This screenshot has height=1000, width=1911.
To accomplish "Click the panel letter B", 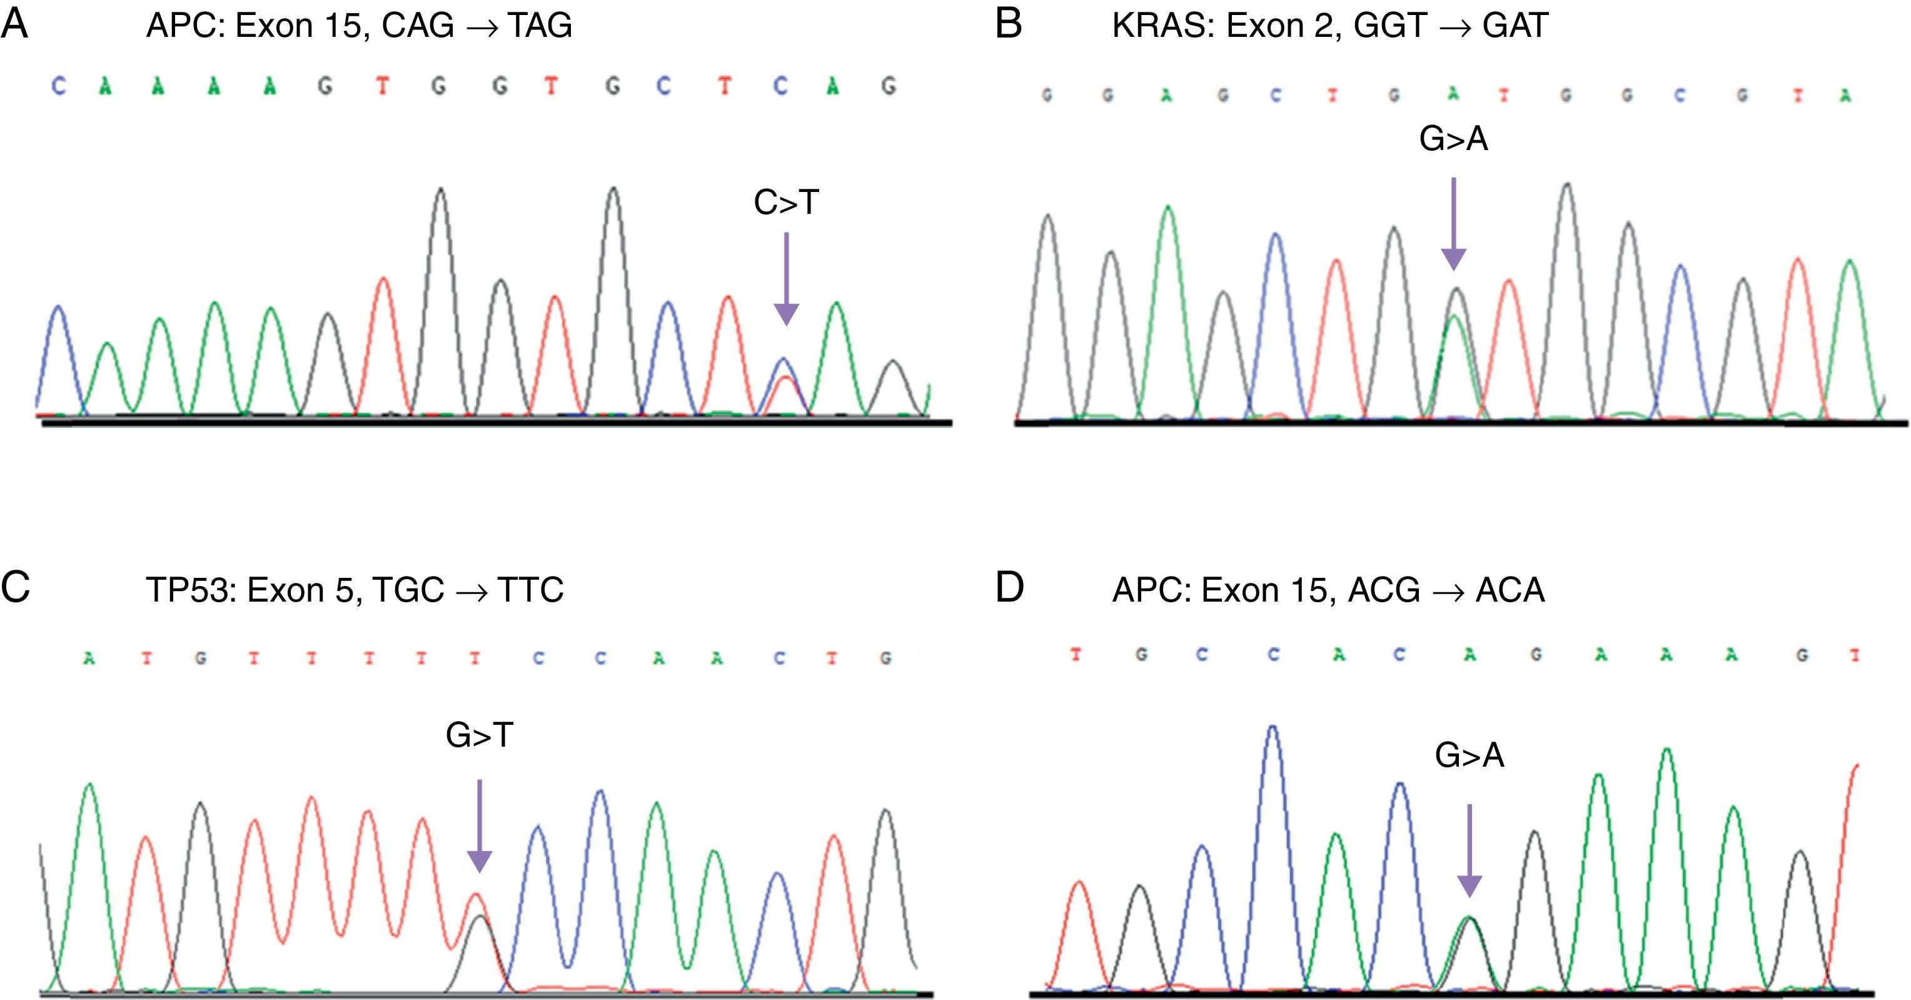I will click(x=1009, y=24).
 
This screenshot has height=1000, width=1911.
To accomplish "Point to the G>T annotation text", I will click(x=479, y=735).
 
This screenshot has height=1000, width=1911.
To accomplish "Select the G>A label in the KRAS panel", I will click(x=1453, y=139).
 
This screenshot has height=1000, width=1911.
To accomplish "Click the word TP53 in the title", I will click(x=188, y=590).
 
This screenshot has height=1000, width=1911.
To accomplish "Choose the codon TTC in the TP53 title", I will click(x=530, y=590).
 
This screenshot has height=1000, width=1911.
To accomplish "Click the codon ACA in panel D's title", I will click(x=1510, y=590).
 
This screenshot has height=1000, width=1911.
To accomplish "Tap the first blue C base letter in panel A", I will click(x=58, y=87).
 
